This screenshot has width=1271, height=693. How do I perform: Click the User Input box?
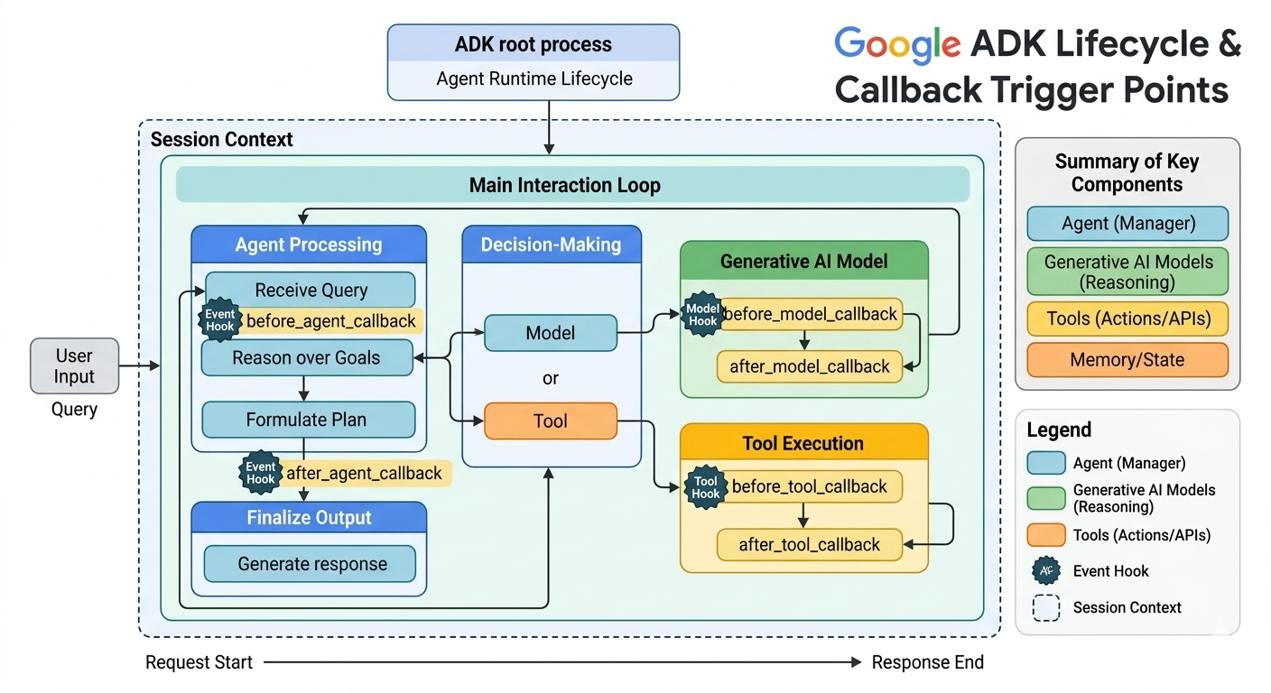pos(74,365)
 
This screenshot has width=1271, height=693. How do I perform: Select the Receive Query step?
pos(311,290)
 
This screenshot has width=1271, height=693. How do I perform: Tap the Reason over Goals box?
pos(307,358)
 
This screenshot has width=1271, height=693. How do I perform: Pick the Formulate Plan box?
pos(308,420)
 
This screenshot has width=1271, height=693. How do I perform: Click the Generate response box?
pos(310,564)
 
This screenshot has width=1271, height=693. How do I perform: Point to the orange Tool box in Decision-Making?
pos(551,420)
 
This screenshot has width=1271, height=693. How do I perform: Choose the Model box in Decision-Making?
pos(551,333)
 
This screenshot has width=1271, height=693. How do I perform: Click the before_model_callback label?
pos(812,314)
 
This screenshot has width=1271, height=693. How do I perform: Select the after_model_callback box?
pos(810,366)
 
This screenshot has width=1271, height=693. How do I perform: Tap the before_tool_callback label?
pos(811,486)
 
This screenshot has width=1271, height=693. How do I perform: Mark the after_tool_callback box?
pos(810,544)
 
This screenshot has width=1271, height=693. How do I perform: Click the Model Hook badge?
pos(702,315)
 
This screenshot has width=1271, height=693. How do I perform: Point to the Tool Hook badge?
pos(705,487)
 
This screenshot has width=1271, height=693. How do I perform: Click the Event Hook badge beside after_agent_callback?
pos(261,473)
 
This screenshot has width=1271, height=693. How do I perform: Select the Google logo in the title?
pos(897,45)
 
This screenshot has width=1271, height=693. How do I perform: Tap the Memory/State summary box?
pos(1127,359)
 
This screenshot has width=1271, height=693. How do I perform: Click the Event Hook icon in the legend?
pos(1046,570)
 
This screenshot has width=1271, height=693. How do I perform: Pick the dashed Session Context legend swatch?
pos(1046,608)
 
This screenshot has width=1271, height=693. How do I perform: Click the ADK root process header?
pos(533,43)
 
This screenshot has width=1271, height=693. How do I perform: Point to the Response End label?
pos(928,661)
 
